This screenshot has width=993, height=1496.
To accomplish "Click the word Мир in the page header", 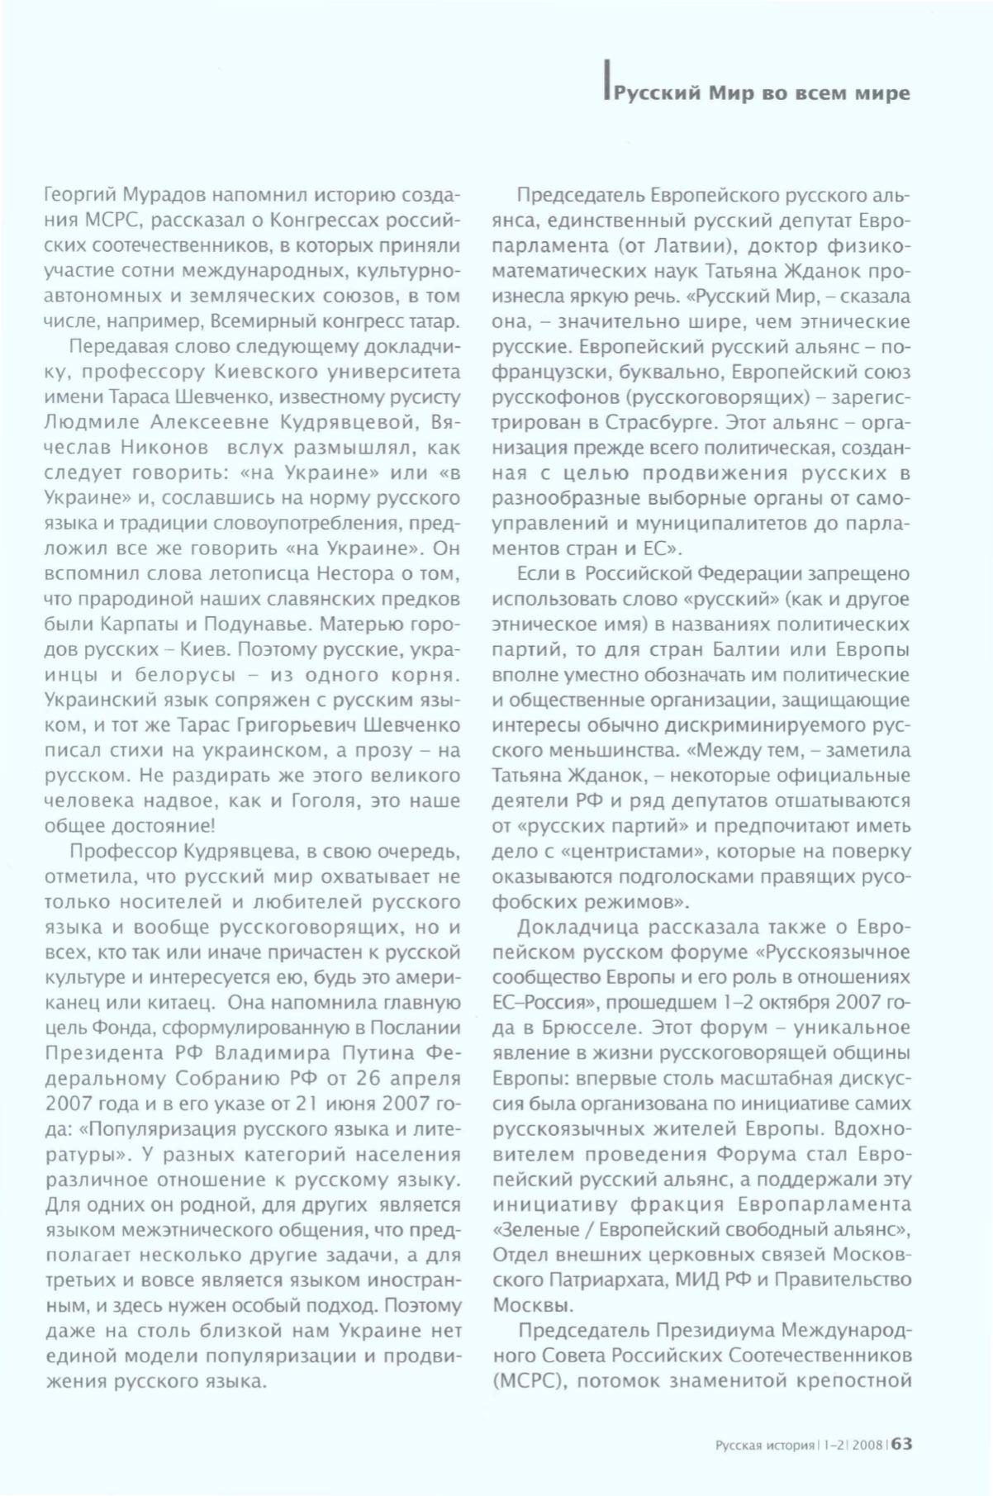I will click(732, 93).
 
